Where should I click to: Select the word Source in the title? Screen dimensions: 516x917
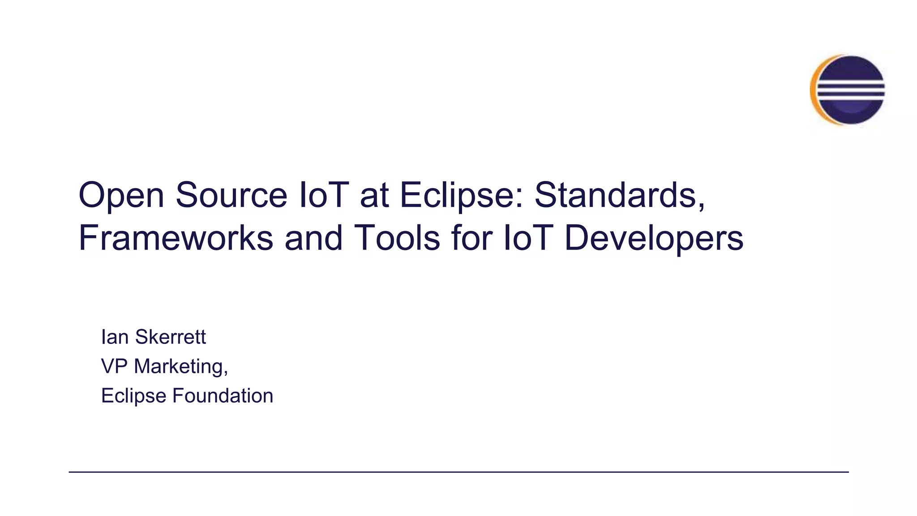(x=231, y=195)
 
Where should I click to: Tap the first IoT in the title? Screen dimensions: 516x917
(x=324, y=195)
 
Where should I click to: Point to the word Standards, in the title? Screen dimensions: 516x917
(x=620, y=195)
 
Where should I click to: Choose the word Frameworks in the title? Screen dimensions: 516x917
(x=176, y=238)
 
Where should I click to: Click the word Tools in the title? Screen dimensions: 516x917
(x=397, y=238)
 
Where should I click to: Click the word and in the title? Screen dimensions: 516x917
(x=313, y=238)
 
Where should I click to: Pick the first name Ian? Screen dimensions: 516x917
(x=115, y=337)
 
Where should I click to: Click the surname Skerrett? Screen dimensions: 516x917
(x=171, y=337)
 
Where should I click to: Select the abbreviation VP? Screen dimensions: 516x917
(x=114, y=366)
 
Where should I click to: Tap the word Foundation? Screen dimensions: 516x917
(x=223, y=396)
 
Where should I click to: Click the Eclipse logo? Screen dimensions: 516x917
(x=848, y=90)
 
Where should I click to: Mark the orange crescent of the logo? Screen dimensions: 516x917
(x=814, y=90)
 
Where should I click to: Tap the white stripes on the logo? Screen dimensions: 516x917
(x=851, y=90)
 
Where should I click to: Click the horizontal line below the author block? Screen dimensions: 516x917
(x=458, y=472)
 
